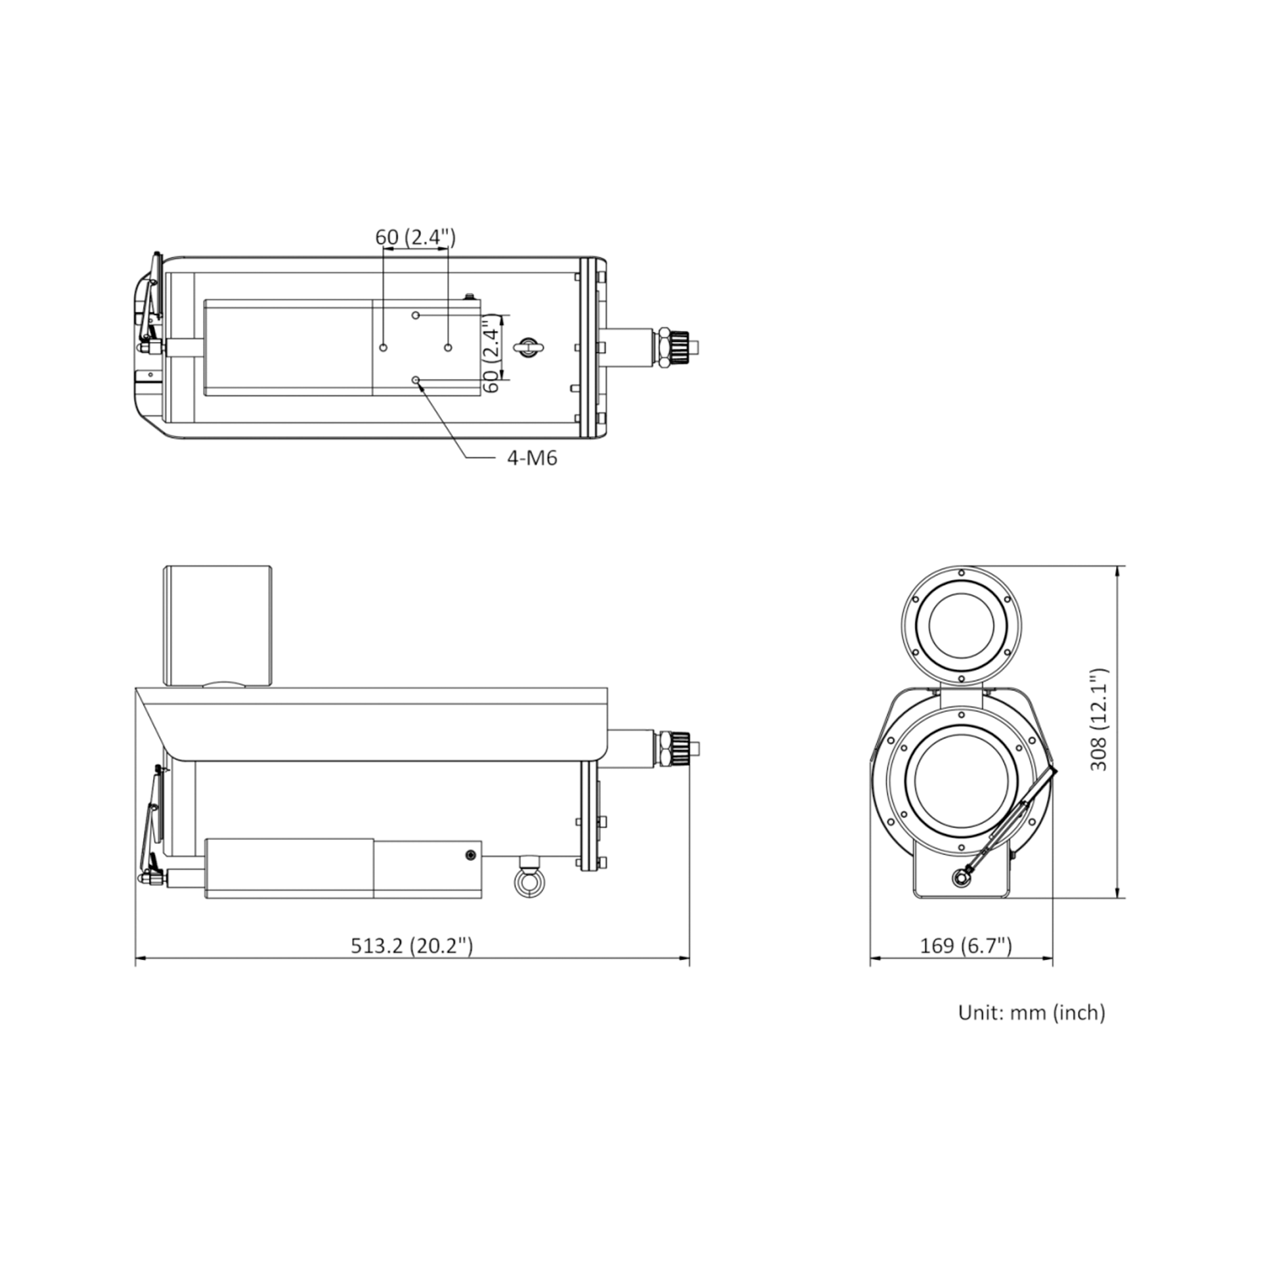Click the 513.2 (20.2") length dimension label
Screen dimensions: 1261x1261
[x=412, y=946]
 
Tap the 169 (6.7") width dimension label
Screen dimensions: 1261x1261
[x=965, y=946]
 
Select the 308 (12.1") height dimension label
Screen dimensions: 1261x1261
[x=1098, y=720]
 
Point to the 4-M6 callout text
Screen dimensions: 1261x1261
[x=532, y=458]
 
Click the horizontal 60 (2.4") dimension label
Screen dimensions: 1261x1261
[x=415, y=236]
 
